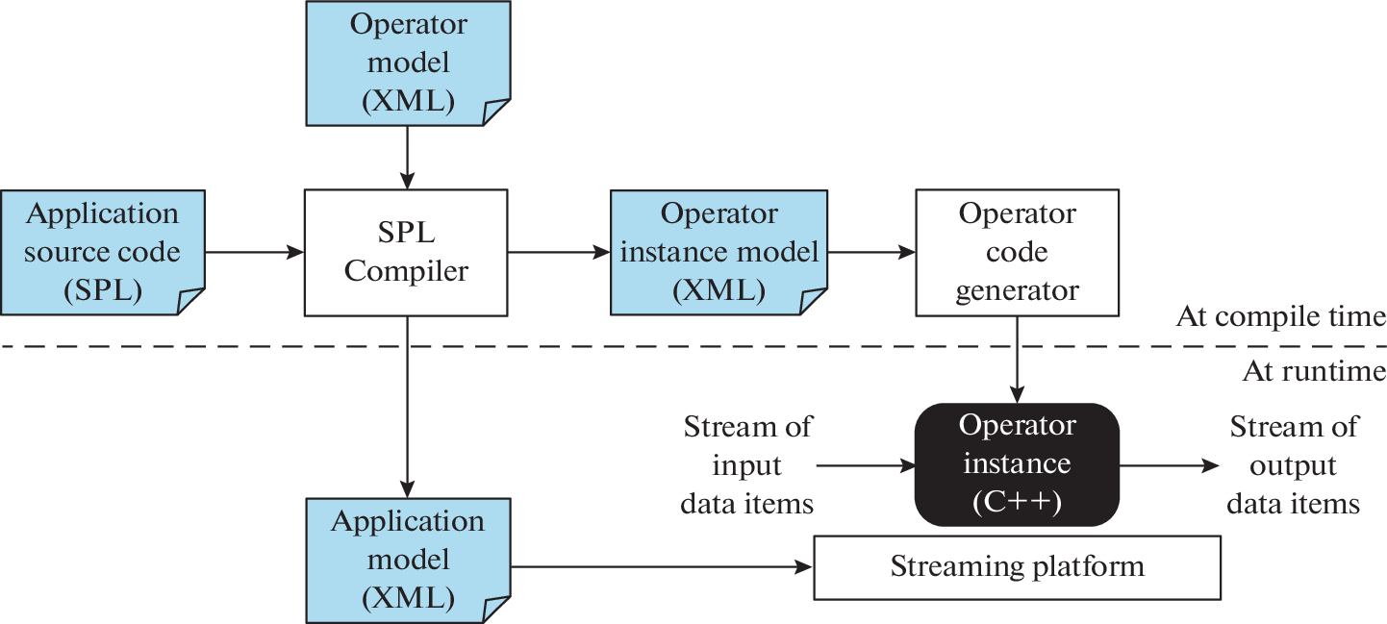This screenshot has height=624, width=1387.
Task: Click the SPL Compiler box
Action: [x=406, y=253]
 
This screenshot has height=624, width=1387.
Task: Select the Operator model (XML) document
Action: [x=407, y=62]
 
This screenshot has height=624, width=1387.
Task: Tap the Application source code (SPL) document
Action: [x=103, y=253]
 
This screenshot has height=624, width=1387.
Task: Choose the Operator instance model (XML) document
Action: [x=719, y=253]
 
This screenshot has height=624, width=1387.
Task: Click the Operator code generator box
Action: [x=1017, y=253]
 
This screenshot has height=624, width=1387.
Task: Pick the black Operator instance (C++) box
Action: [x=1017, y=464]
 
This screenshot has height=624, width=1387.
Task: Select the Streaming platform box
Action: [x=1017, y=567]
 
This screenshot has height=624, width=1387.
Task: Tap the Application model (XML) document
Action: [x=407, y=560]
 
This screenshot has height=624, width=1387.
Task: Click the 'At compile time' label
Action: [x=1280, y=317]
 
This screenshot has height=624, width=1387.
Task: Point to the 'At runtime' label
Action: [x=1314, y=371]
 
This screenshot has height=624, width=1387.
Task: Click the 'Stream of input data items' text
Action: [x=747, y=464]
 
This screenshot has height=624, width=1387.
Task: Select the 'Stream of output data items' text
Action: [x=1294, y=464]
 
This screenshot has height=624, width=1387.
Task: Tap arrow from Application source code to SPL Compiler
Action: [x=254, y=253]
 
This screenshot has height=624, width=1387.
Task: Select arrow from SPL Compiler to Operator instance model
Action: [x=559, y=253]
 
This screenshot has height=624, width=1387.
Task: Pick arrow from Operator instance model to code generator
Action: [x=870, y=253]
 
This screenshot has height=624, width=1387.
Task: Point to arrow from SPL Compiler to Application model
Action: [x=407, y=404]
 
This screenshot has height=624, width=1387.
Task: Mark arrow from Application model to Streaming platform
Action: [x=663, y=567]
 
